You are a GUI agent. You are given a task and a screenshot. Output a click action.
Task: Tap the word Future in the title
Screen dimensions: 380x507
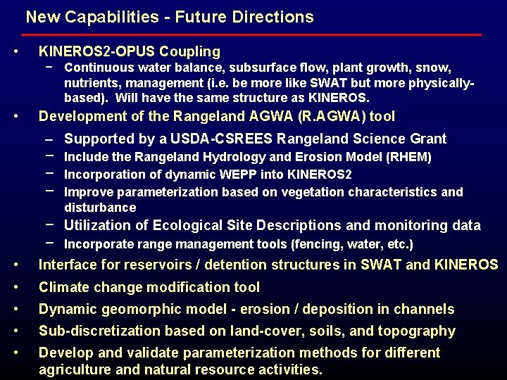click(194, 16)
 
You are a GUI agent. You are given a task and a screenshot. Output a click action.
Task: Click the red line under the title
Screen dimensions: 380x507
click(254, 34)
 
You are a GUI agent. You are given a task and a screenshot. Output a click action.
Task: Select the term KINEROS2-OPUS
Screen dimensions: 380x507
click(96, 51)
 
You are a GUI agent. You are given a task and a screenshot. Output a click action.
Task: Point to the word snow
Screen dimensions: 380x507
click(436, 67)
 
